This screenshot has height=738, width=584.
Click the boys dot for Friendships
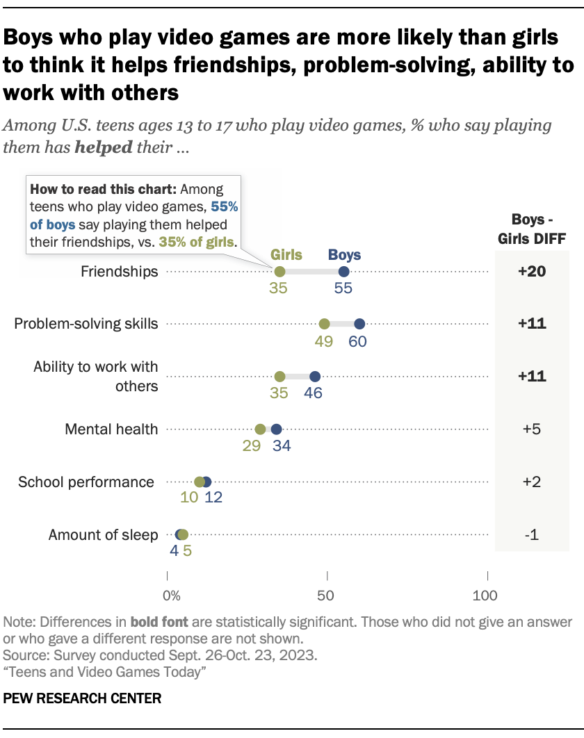coord(343,272)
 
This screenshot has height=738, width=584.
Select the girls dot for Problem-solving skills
coord(324,324)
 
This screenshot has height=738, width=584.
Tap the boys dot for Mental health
coord(276,429)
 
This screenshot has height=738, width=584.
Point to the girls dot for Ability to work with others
coord(279,377)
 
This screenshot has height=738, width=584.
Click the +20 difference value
coord(532,272)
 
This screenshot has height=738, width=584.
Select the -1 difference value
coord(532,535)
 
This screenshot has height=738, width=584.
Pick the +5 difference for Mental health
coord(532,429)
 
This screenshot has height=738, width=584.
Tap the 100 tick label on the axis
coord(485,596)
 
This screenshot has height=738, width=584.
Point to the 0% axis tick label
coord(170,596)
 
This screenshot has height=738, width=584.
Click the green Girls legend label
coord(286,254)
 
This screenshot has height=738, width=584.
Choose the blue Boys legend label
coord(344,254)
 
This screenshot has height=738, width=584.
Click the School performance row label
coord(86,482)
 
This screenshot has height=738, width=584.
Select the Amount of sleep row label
coord(103,535)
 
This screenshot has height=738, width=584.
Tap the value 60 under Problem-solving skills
coord(358,341)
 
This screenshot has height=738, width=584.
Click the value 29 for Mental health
coord(251,446)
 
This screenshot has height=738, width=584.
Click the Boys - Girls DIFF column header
coord(532,229)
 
